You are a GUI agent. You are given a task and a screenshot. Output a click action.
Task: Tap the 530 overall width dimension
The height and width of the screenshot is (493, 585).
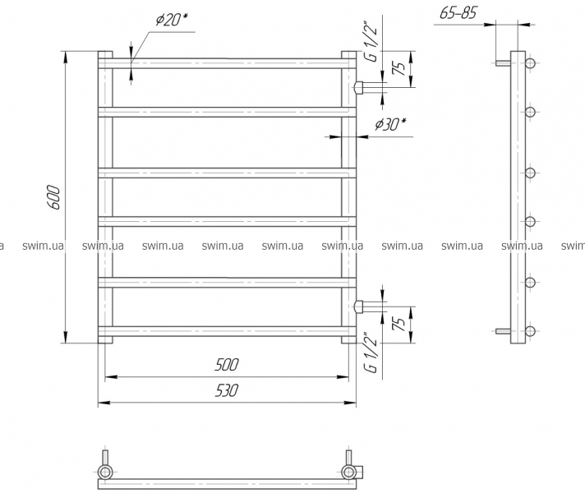(x=227, y=392)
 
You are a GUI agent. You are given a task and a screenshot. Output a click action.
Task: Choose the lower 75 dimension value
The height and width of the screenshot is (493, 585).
(x=398, y=323)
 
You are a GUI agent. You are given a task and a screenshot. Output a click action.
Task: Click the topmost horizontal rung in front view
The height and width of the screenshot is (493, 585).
(x=226, y=62)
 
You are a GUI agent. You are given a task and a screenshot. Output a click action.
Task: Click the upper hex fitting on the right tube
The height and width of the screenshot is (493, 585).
(x=359, y=87)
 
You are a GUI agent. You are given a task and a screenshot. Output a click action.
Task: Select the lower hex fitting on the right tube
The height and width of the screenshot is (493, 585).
(x=359, y=306)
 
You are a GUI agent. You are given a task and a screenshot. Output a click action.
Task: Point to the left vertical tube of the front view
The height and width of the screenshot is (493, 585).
(x=105, y=197)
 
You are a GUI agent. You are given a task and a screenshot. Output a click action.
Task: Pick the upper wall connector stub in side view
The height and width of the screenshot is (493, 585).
(x=502, y=63)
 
